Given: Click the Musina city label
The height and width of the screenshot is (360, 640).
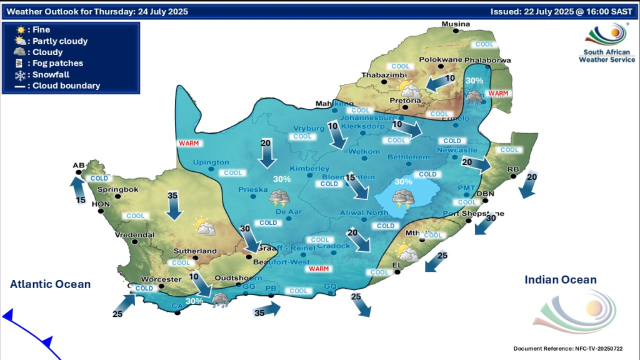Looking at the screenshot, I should click(455, 24).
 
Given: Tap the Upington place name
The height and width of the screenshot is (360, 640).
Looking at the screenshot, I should click(211, 162).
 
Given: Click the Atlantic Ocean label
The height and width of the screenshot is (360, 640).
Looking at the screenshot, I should click(50, 284).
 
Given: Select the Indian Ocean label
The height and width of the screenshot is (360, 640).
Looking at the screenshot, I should click(561, 280).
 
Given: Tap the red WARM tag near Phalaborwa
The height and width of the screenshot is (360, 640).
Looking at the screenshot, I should click(498, 94).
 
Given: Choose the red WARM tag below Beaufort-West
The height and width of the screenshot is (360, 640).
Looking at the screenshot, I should click(319, 269).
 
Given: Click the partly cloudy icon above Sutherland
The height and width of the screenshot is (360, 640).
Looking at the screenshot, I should click(204, 226).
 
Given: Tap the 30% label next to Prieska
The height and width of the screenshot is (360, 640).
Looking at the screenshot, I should click(281, 179).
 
